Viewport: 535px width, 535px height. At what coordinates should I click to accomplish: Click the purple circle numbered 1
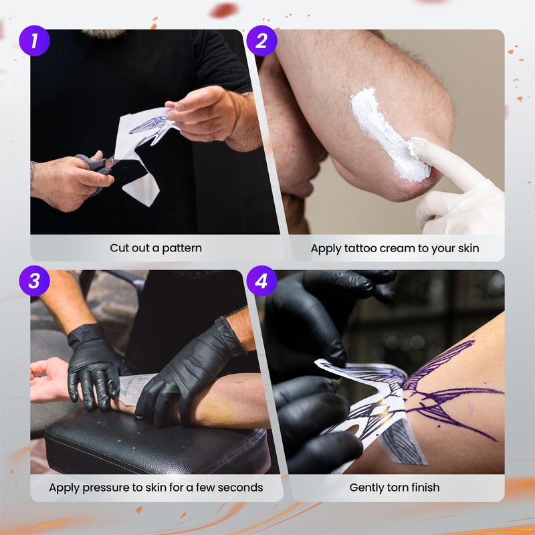(x=35, y=41)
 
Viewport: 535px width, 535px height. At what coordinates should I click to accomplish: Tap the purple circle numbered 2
(x=261, y=41)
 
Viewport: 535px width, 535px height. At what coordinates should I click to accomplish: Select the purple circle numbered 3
(x=35, y=281)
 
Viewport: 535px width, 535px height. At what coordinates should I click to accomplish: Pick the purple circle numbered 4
(x=261, y=281)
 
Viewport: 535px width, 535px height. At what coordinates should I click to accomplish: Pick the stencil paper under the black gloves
(x=134, y=389)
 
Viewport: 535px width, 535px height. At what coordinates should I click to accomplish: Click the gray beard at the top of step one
(x=104, y=33)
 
